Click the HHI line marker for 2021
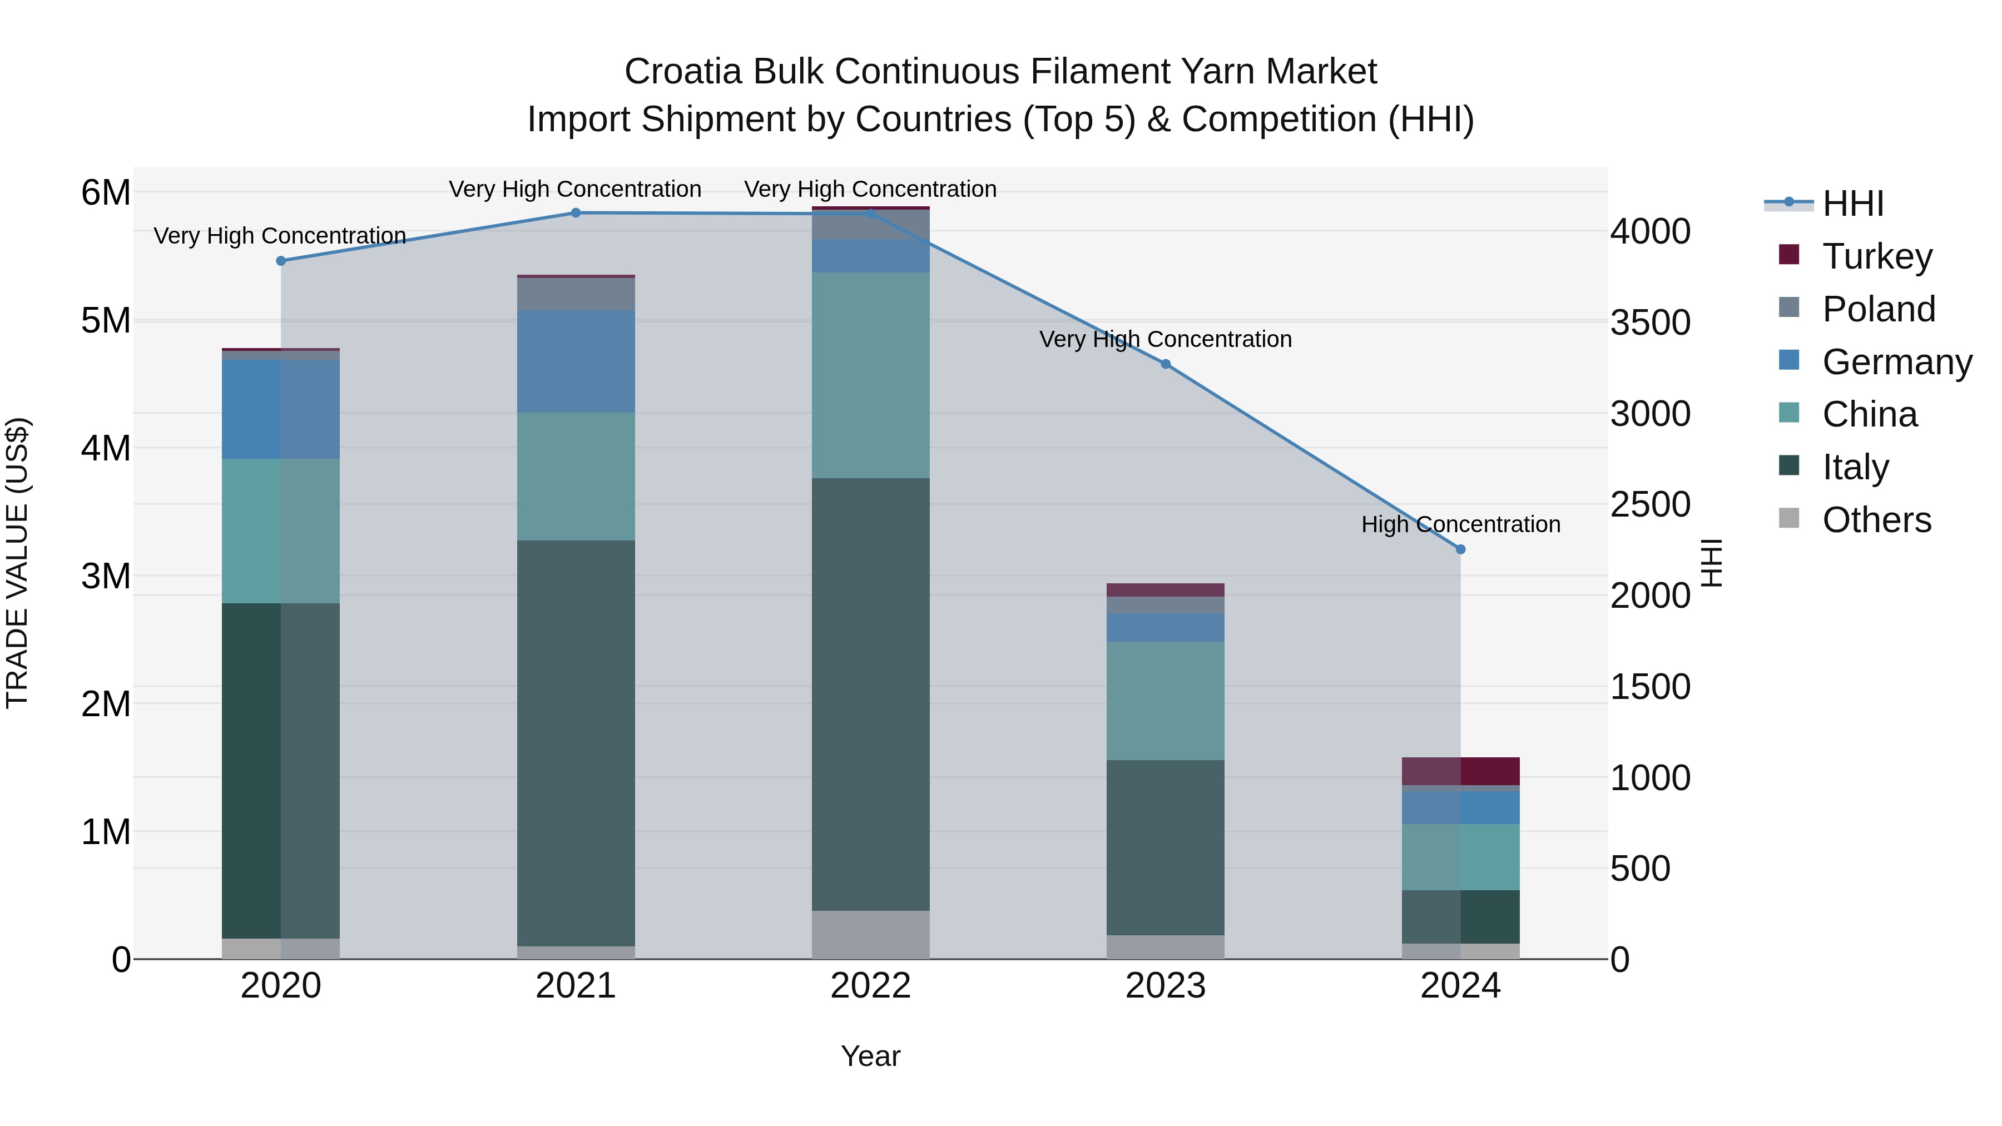coord(576,213)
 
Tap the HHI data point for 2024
coord(1460,549)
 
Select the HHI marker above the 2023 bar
coord(1166,364)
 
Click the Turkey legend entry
coord(1877,256)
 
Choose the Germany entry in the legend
coord(1896,362)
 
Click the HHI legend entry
coord(1853,204)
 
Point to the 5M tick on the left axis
coord(106,321)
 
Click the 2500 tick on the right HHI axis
coord(1649,505)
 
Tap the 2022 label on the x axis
coord(870,986)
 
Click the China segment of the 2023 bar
coord(1166,700)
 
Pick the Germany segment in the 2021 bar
coord(576,361)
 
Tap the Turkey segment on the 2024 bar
coord(1460,771)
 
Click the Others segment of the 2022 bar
coord(870,934)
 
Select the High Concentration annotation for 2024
coord(1460,524)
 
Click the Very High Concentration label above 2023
coord(1166,340)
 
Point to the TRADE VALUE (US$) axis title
coord(18,563)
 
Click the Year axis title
coord(870,1056)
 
